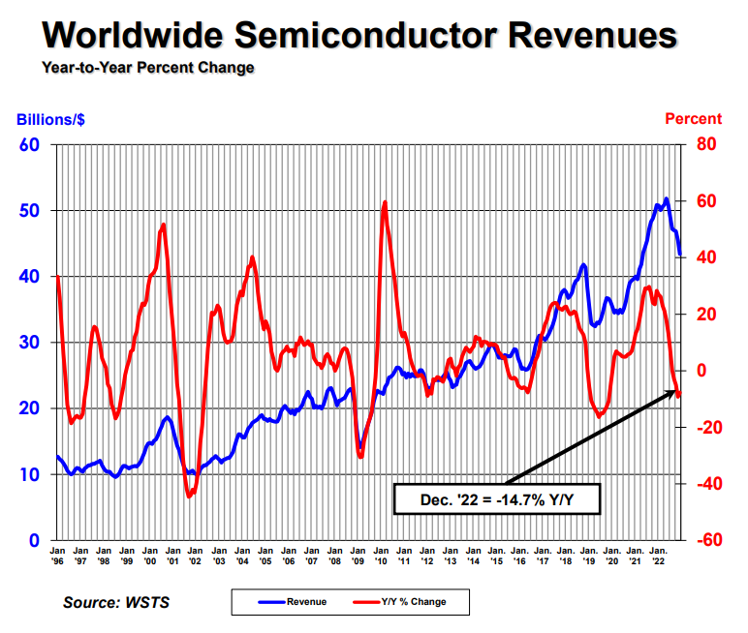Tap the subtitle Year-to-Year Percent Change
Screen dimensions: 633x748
(x=148, y=68)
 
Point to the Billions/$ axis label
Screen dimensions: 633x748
(x=51, y=120)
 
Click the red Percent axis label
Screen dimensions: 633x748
(x=693, y=119)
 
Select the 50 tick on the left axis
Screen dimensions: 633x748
(x=30, y=211)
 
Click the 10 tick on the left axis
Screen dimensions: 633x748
(x=30, y=474)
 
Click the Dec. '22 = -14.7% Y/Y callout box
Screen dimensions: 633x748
(x=497, y=499)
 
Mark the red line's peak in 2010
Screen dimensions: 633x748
(x=385, y=202)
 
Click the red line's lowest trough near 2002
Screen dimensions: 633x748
(x=189, y=496)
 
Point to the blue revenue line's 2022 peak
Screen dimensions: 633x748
(x=666, y=199)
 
